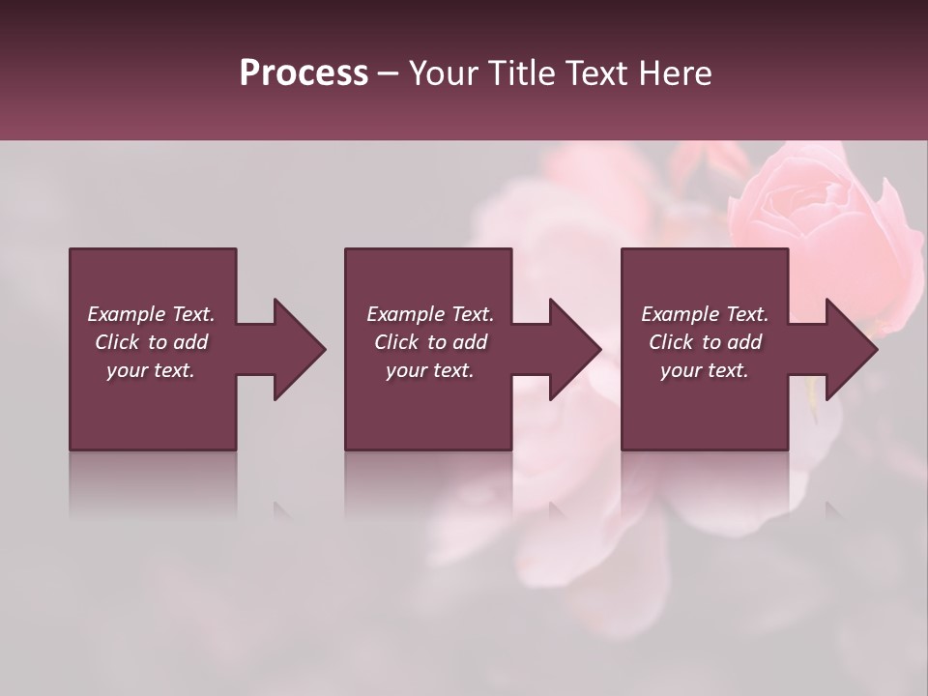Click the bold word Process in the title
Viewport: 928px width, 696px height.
[x=304, y=73]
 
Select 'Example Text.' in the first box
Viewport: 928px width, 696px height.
[x=151, y=314]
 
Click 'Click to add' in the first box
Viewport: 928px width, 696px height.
[x=151, y=342]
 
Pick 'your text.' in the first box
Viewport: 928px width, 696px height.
[x=151, y=370]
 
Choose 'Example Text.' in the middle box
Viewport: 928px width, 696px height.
[x=430, y=314]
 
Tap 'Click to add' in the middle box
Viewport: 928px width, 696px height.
[x=430, y=342]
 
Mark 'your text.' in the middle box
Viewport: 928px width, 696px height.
[x=430, y=370]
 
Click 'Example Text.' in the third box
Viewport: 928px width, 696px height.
[x=705, y=314]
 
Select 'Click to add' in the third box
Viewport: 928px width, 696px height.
[x=705, y=342]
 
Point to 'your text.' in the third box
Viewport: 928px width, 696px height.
[x=705, y=370]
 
